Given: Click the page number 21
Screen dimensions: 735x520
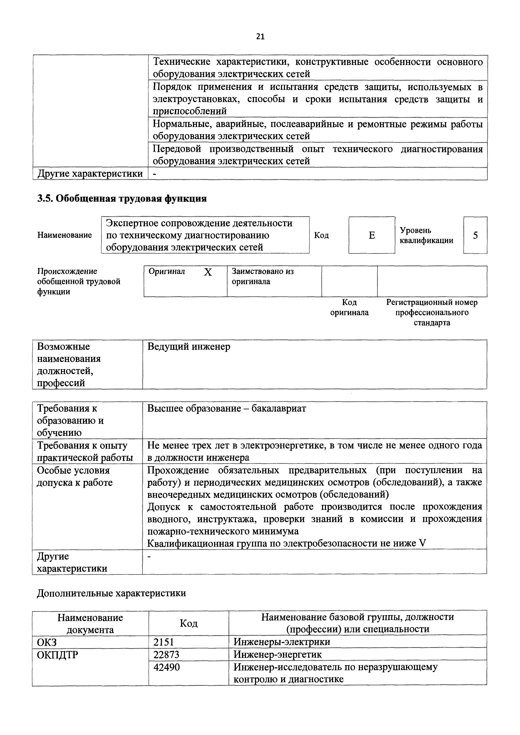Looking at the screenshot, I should point(260,36).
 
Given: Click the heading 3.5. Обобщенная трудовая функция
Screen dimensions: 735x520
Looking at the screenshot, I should point(122,198).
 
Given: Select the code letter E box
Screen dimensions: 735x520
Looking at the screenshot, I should point(371,235).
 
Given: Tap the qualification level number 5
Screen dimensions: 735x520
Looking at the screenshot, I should point(475,235).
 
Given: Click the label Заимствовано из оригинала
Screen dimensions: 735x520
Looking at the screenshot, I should point(262,276).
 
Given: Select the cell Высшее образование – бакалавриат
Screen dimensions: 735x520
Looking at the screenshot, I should point(226,408).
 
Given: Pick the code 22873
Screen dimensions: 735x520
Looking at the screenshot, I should point(167,654).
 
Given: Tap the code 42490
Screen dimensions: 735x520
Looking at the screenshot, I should point(167,667).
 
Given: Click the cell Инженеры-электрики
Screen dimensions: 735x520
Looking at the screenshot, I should point(282,642).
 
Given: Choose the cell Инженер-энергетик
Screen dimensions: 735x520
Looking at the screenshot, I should point(278,654).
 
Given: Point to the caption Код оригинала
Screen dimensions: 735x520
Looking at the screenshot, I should point(349,307).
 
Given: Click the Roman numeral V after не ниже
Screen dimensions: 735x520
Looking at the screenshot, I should point(423,543).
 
